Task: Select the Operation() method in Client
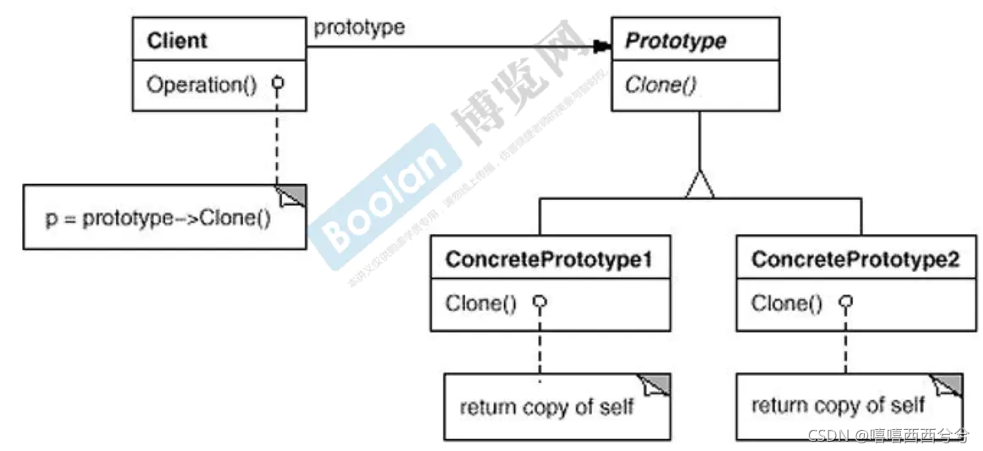(202, 85)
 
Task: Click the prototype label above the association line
(359, 27)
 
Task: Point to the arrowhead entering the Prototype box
(601, 46)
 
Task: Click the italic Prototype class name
(675, 41)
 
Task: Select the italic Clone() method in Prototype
(660, 85)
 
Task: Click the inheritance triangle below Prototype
(699, 184)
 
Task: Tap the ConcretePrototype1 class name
(549, 259)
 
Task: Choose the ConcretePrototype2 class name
(855, 259)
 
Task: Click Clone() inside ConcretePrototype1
(481, 303)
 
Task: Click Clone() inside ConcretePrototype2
(786, 303)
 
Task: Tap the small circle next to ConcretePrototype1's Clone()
(540, 302)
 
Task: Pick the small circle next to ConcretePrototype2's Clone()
(845, 302)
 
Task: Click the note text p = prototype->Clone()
(158, 220)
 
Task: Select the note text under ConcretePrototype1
(546, 408)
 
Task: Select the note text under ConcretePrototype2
(839, 406)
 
